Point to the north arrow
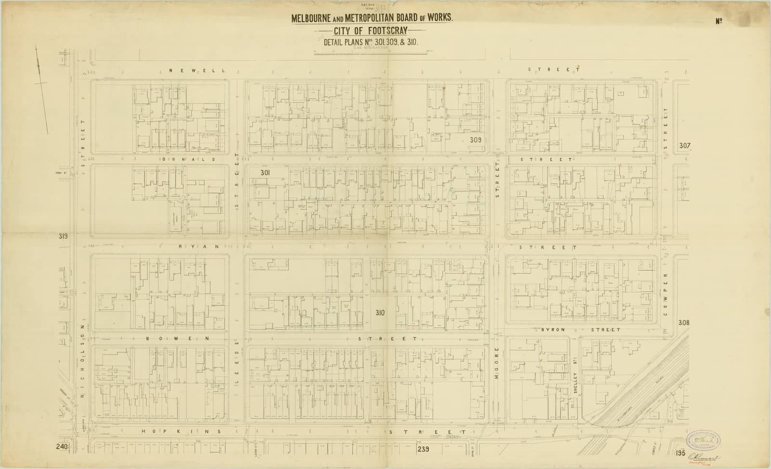coord(42,89)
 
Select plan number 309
coord(476,140)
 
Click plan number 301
coord(265,172)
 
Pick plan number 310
coord(380,313)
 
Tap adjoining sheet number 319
coord(63,236)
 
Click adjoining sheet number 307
coord(685,146)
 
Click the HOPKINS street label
coord(182,431)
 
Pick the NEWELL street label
coord(197,70)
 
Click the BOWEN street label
coord(177,338)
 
